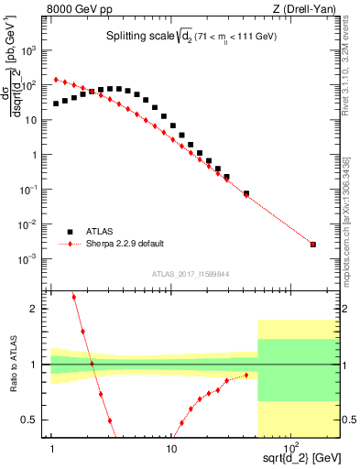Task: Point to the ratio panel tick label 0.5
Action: [x=36, y=420]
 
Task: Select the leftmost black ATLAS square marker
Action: [x=56, y=104]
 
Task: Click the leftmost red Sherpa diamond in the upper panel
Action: [x=56, y=80]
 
